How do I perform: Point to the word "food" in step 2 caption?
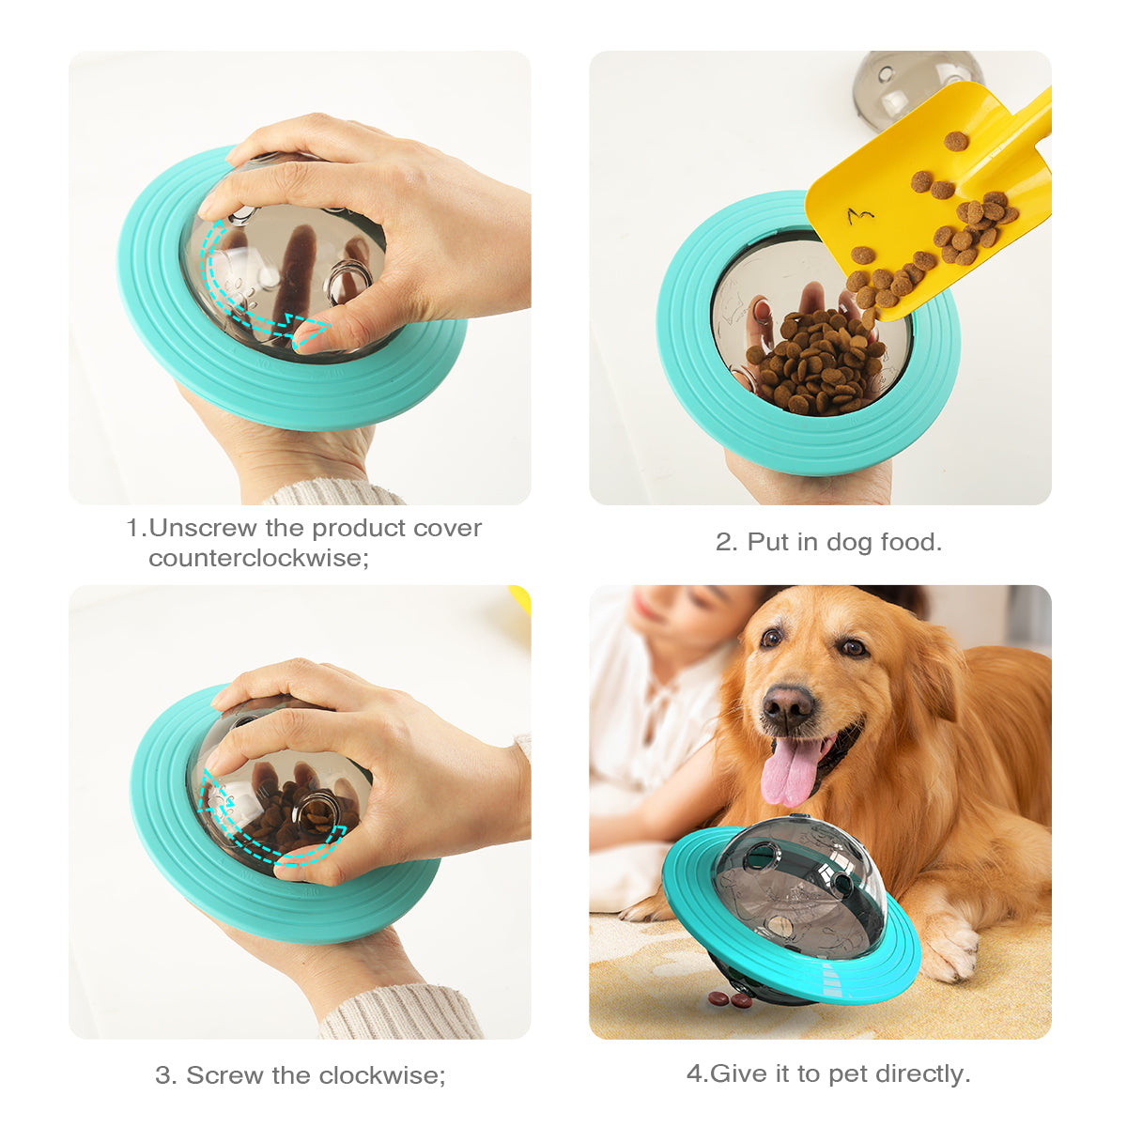pos(910,542)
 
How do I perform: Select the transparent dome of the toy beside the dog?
pos(798,883)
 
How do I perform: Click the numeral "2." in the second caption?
pos(727,542)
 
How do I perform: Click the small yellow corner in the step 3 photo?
pos(520,597)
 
